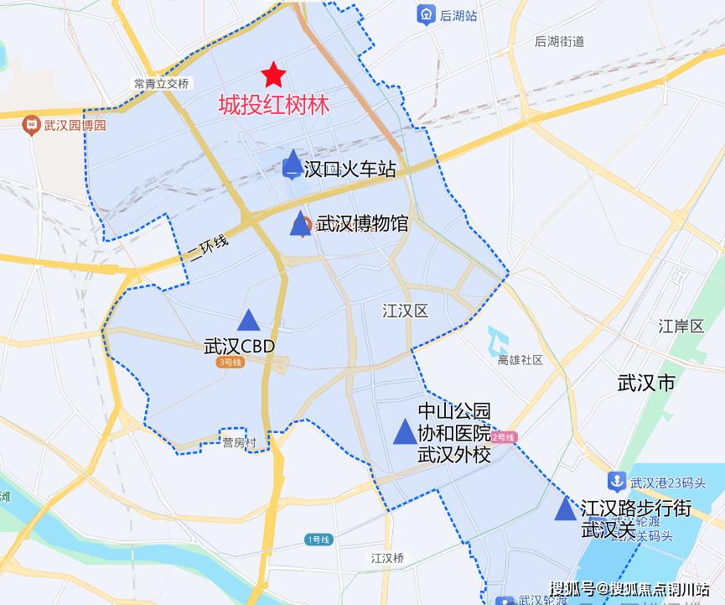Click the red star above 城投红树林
click(273, 76)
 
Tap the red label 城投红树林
click(273, 105)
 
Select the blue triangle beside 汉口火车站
click(293, 164)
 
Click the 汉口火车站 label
click(350, 169)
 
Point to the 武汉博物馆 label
click(362, 224)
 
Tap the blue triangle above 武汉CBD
click(248, 320)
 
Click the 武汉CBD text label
click(239, 346)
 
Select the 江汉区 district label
click(405, 311)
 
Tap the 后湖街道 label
click(559, 41)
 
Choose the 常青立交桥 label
click(162, 83)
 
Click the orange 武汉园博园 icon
click(32, 125)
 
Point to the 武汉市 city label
click(645, 383)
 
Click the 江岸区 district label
click(681, 326)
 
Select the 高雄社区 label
click(520, 360)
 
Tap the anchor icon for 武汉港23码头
click(617, 482)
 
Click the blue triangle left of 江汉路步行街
click(566, 508)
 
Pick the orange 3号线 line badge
click(229, 362)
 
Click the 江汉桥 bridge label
click(387, 557)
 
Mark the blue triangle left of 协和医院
click(405, 431)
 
